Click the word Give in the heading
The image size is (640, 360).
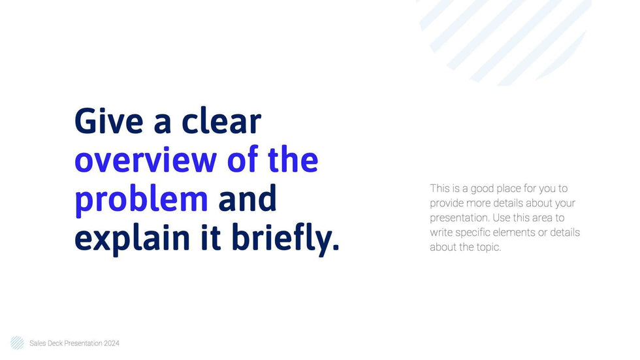click(109, 121)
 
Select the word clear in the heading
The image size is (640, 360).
click(221, 121)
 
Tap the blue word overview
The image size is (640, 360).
click(146, 160)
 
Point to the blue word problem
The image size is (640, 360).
click(141, 199)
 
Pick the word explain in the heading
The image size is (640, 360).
click(132, 238)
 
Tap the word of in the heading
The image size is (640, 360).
click(242, 159)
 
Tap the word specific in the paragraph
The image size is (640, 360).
click(473, 233)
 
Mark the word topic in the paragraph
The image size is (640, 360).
click(488, 248)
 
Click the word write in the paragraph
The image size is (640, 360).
click(441, 233)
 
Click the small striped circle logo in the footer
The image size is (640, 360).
click(17, 343)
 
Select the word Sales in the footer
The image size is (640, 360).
click(38, 343)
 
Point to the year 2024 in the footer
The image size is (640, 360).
click(112, 343)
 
